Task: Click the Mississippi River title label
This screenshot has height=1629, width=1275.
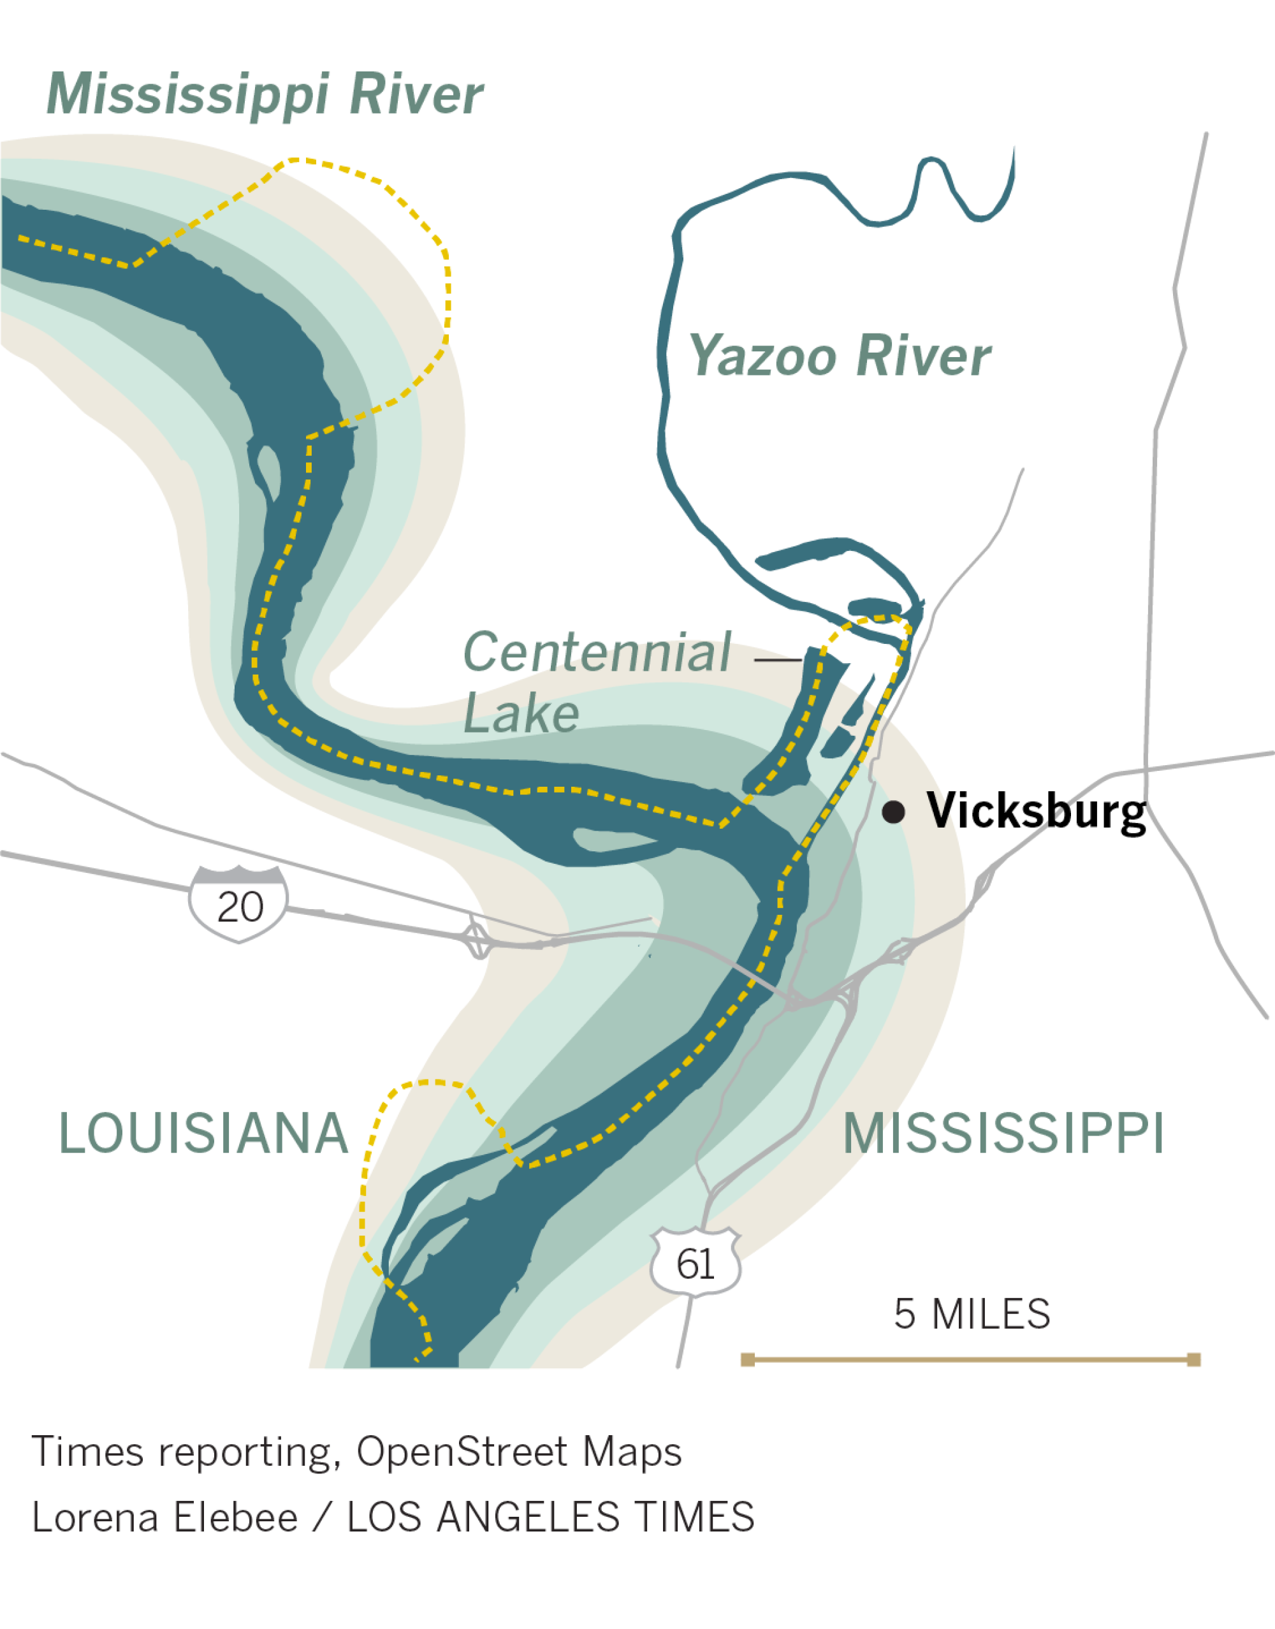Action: pyautogui.click(x=265, y=95)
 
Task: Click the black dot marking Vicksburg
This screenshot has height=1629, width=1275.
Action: pyautogui.click(x=894, y=812)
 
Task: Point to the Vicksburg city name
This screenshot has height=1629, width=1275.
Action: pyautogui.click(x=1036, y=812)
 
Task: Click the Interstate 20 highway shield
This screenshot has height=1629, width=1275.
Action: pyautogui.click(x=239, y=904)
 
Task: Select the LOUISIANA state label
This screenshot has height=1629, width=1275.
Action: pyautogui.click(x=203, y=1133)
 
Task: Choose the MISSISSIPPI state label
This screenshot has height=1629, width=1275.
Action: pyautogui.click(x=1003, y=1133)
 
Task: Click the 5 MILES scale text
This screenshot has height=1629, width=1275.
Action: pyautogui.click(x=972, y=1315)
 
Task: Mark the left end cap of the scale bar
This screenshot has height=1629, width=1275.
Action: pyautogui.click(x=747, y=1359)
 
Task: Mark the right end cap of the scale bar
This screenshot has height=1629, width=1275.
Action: pyautogui.click(x=1193, y=1359)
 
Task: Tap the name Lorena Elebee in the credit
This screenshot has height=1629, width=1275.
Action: pyautogui.click(x=165, y=1518)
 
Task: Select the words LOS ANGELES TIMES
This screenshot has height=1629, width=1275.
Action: pyautogui.click(x=551, y=1518)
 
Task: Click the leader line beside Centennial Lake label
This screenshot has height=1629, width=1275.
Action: pyautogui.click(x=778, y=660)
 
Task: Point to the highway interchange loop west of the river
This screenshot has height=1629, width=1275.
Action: pyautogui.click(x=477, y=939)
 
